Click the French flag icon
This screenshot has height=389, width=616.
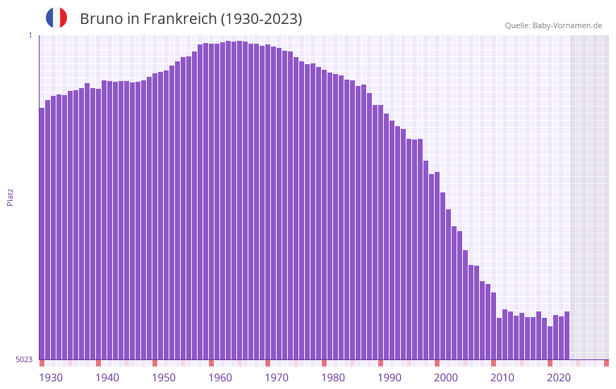[x=56, y=18]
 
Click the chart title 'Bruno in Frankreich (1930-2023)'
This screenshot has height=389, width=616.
[x=191, y=19]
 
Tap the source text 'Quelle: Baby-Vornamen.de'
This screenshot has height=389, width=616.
[x=553, y=25]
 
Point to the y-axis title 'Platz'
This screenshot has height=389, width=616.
[x=10, y=197]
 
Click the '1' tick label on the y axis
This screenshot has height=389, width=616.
[x=30, y=35]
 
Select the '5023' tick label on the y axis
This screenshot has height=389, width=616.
[x=24, y=359]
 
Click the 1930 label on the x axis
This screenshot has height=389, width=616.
[x=51, y=377]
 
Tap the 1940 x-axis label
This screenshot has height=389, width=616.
[x=107, y=377]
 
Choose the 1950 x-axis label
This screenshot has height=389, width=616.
[x=164, y=377]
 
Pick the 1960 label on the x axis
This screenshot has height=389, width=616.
[x=220, y=377]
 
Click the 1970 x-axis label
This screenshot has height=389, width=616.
[x=277, y=377]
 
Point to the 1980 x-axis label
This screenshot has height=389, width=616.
[x=333, y=377]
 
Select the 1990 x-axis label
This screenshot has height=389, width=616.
[x=389, y=377]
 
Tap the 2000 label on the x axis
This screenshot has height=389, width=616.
[x=446, y=377]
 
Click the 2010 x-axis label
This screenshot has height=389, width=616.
[x=502, y=377]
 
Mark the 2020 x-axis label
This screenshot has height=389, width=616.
[x=559, y=377]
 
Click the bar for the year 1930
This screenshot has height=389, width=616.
[x=42, y=233]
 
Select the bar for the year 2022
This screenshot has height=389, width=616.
[x=567, y=335]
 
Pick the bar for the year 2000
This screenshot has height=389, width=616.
[x=442, y=275]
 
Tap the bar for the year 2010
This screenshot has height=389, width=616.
[x=499, y=338]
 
